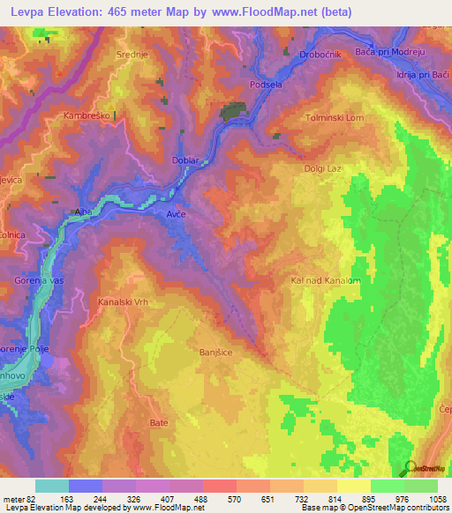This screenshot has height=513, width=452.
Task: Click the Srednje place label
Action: pyautogui.click(x=130, y=54)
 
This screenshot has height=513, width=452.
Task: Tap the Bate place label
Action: pyautogui.click(x=159, y=422)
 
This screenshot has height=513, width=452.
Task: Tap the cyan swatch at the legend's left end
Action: pyautogui.click(x=51, y=486)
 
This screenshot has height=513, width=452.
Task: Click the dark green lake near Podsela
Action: pyautogui.click(x=233, y=112)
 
